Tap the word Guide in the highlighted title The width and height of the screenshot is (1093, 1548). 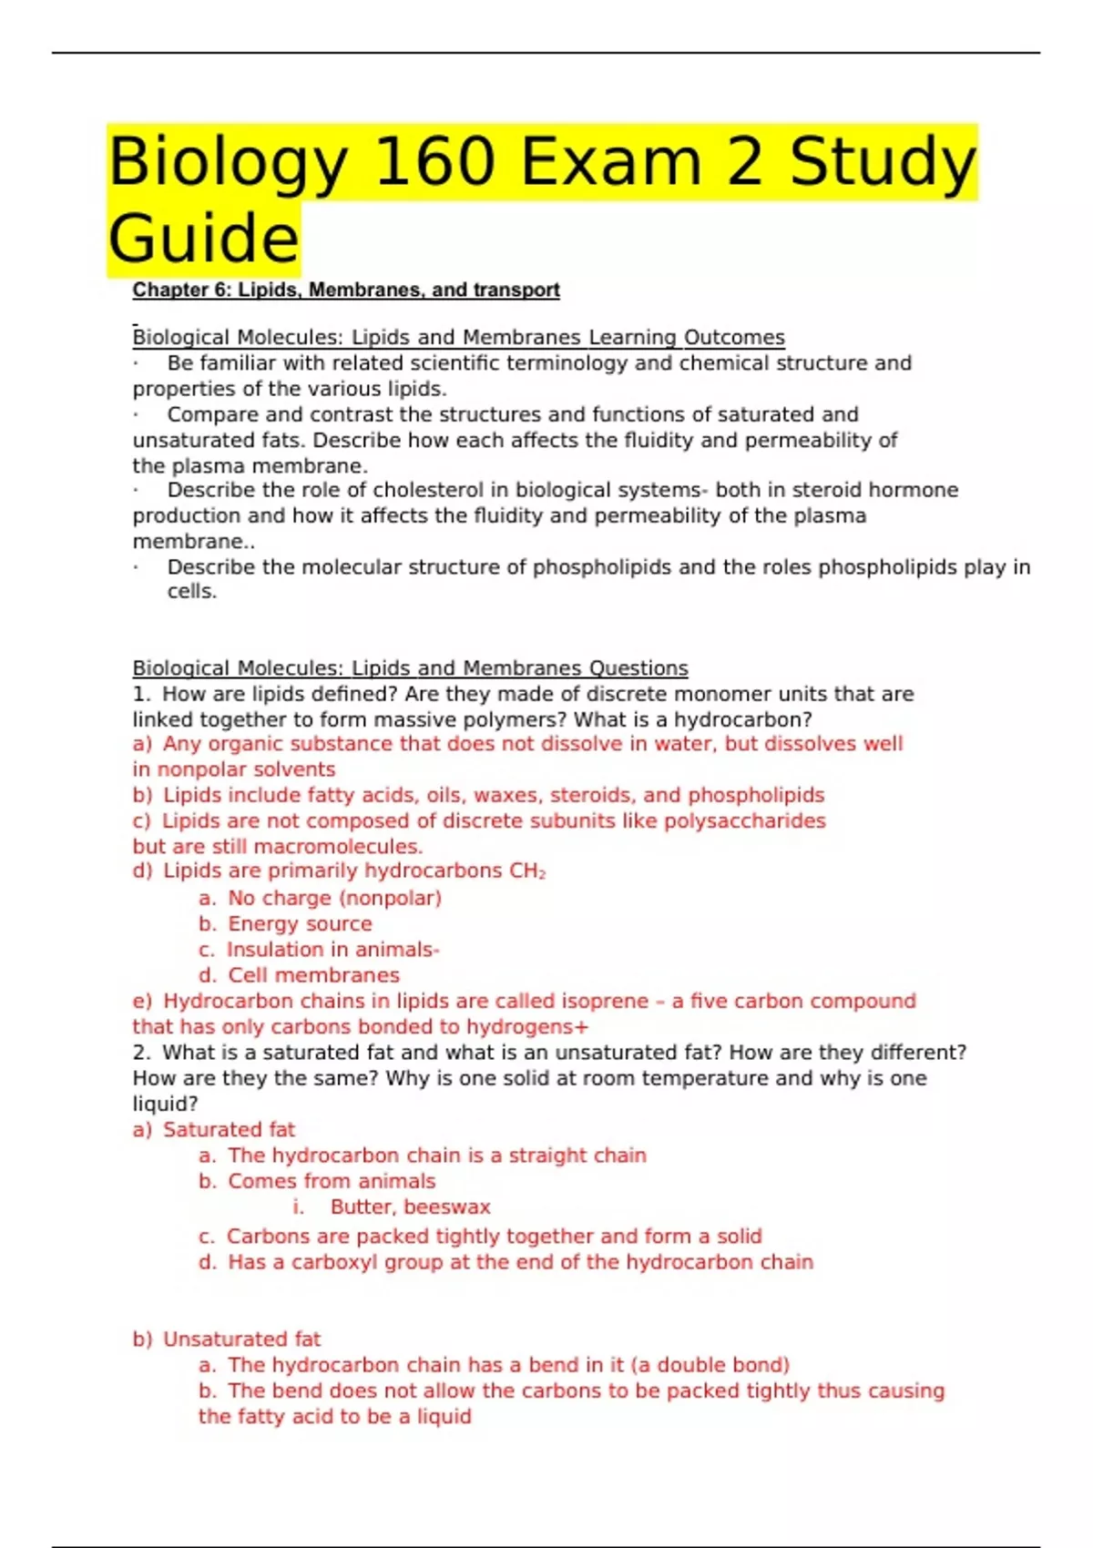203,239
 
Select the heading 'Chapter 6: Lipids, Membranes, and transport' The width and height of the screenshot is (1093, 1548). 346,290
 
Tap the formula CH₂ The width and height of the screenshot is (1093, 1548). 528,871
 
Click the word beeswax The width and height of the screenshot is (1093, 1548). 447,1207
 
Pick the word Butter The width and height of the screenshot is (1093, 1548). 362,1207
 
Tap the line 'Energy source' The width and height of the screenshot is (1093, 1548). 300,923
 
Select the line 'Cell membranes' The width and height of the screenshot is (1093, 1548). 313,975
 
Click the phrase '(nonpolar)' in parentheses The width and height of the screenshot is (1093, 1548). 390,898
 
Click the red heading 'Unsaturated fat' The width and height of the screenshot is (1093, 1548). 241,1339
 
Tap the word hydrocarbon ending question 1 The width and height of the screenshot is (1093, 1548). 742,719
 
